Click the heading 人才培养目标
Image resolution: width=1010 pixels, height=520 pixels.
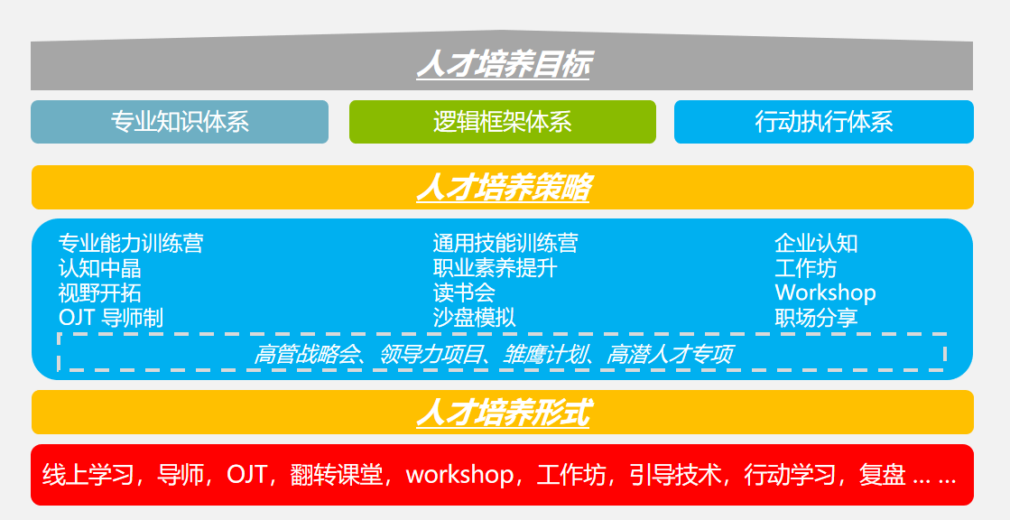click(503, 64)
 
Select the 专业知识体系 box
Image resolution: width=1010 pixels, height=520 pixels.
click(180, 122)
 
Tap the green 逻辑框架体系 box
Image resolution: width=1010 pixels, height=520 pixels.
click(503, 122)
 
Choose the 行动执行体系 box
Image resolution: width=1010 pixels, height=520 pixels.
click(824, 122)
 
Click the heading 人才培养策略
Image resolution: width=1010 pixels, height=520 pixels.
click(503, 188)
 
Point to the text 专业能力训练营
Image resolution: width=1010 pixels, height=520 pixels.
click(131, 243)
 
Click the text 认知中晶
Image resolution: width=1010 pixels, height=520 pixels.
click(100, 268)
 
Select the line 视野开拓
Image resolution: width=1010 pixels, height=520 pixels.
click(100, 293)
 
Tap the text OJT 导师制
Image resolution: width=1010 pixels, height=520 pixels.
click(111, 318)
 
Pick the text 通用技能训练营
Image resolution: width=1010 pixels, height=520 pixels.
click(505, 243)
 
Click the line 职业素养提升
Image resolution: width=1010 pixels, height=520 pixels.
click(496, 268)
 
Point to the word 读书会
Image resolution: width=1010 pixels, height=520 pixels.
click(465, 293)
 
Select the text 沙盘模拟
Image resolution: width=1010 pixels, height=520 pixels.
click(475, 318)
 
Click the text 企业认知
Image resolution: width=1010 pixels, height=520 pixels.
click(816, 243)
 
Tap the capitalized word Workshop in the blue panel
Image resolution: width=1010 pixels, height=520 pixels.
click(825, 293)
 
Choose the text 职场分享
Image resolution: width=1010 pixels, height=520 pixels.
click(816, 318)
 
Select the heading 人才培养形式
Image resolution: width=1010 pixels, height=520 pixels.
click(503, 413)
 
